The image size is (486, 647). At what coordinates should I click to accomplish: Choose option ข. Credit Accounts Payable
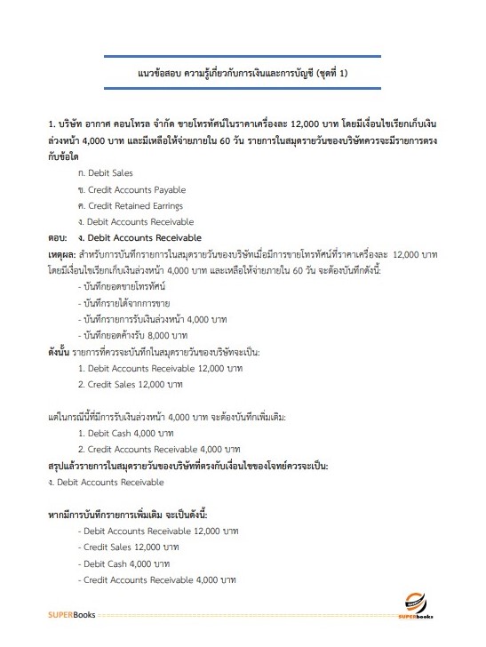coord(131,189)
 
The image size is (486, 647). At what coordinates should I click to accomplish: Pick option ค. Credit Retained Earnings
coord(132,205)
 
